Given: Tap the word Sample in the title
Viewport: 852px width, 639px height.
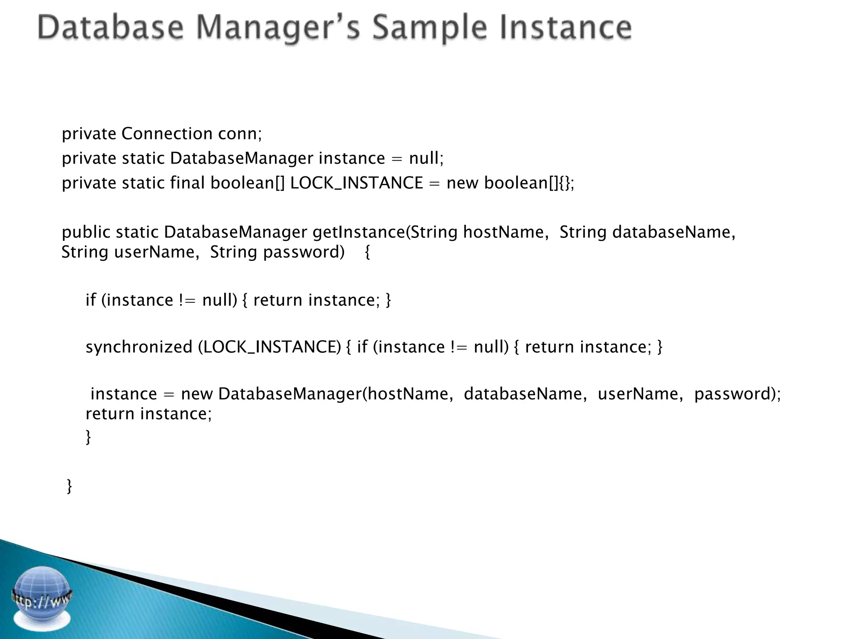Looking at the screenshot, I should pos(429,28).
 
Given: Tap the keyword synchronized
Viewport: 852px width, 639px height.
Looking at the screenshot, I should pos(139,347).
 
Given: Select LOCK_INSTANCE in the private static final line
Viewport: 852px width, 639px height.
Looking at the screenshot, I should pos(356,183).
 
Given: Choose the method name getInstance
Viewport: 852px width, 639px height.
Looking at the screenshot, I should pos(359,232).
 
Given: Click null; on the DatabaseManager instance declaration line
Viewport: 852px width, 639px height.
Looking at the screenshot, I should pos(426,158).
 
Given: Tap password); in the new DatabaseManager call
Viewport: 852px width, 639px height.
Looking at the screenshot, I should pos(738,394).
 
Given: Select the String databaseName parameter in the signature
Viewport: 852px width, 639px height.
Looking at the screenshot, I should pos(647,232).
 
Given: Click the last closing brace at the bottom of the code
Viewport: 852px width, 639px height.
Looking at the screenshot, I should pos(69,486).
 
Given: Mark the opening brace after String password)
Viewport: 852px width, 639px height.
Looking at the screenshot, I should pos(367,252).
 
